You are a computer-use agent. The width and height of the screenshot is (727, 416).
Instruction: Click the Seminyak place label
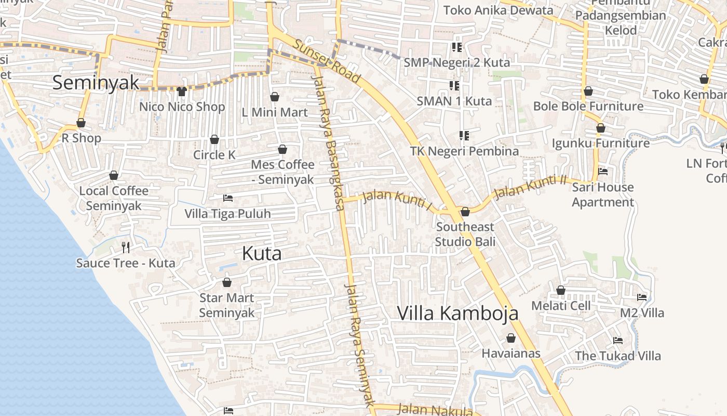(96, 82)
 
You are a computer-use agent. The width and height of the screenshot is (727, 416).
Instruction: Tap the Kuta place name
(262, 253)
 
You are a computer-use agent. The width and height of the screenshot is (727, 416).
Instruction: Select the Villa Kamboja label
(457, 313)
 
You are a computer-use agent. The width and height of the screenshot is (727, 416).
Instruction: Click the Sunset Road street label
(327, 61)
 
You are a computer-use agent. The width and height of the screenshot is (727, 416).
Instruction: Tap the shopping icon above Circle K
(214, 139)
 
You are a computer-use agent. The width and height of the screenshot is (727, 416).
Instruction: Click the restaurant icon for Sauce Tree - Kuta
(125, 247)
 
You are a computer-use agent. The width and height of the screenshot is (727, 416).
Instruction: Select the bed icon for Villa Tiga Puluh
(227, 198)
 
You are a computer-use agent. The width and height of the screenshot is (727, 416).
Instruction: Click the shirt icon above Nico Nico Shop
(182, 92)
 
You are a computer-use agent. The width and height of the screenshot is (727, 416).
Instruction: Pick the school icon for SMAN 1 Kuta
(454, 85)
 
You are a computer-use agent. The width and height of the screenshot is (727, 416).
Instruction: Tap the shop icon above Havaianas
(511, 338)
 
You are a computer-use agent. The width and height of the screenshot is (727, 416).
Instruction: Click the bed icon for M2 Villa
(642, 297)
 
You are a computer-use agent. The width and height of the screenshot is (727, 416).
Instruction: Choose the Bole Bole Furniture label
(588, 107)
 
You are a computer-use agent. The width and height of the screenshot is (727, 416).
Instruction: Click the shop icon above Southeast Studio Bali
(465, 212)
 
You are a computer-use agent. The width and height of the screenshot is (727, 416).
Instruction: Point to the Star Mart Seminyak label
(227, 305)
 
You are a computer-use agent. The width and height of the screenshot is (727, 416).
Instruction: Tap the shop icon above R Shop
(81, 123)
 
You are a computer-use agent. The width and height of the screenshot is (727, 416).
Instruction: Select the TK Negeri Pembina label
(464, 151)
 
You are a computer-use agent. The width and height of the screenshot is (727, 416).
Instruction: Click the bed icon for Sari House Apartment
(603, 171)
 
